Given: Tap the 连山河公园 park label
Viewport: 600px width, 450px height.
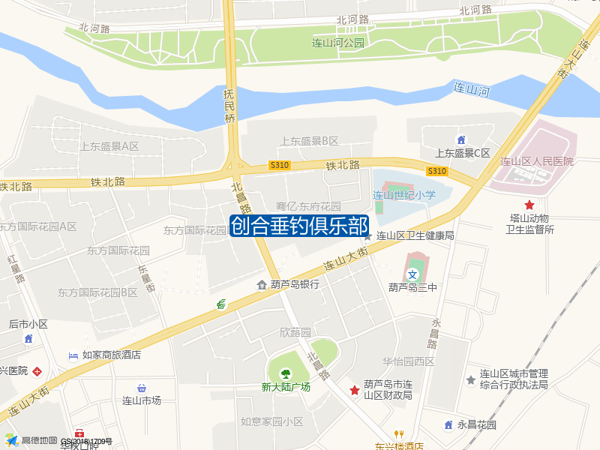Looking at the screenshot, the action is pyautogui.click(x=337, y=43).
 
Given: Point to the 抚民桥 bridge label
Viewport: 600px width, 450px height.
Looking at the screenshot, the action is pyautogui.click(x=229, y=106).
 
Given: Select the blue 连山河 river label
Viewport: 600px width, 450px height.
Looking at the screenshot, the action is pyautogui.click(x=472, y=89).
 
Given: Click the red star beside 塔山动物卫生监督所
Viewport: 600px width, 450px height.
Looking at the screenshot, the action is pyautogui.click(x=529, y=205).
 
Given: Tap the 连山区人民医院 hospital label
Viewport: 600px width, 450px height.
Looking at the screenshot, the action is pyautogui.click(x=537, y=161).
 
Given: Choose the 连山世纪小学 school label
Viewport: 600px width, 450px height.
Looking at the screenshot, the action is pyautogui.click(x=404, y=195).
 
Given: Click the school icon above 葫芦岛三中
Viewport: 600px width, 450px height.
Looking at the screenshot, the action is pyautogui.click(x=412, y=274).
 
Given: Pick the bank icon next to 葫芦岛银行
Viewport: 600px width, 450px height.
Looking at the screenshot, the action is pyautogui.click(x=262, y=284).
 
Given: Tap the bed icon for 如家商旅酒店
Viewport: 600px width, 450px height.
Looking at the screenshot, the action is pyautogui.click(x=73, y=355).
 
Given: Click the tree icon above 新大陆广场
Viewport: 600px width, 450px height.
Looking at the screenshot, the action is pyautogui.click(x=285, y=373).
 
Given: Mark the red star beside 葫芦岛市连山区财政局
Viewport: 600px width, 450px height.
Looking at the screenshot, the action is pyautogui.click(x=354, y=390).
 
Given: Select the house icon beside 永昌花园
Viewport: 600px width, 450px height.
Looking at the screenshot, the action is pyautogui.click(x=448, y=424).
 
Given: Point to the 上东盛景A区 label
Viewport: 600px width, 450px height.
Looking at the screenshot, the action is pyautogui.click(x=109, y=145).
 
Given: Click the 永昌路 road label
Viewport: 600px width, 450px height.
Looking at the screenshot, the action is pyautogui.click(x=433, y=333).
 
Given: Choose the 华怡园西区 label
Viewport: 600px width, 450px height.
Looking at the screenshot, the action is pyautogui.click(x=408, y=361).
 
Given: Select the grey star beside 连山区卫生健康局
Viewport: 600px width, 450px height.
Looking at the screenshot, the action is pyautogui.click(x=367, y=235).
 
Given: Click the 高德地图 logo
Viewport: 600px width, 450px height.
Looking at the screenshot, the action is pyautogui.click(x=30, y=440).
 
